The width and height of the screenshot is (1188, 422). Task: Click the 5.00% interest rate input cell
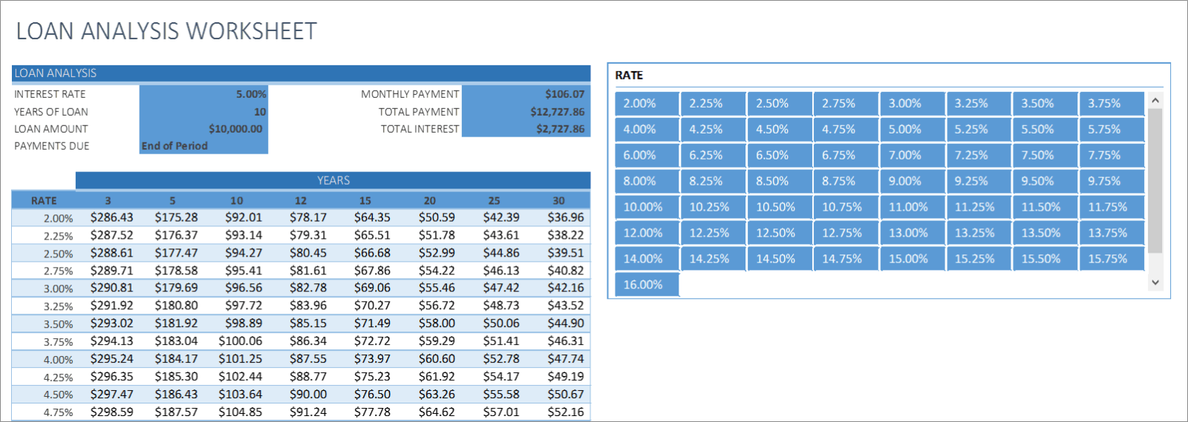[203, 94]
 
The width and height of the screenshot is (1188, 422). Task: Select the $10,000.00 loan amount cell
[203, 129]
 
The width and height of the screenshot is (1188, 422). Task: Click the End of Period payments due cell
[203, 146]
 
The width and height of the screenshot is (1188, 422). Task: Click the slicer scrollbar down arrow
[1155, 283]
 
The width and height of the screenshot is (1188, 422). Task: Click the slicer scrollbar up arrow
[1155, 100]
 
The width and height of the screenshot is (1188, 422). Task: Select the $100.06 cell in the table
[240, 341]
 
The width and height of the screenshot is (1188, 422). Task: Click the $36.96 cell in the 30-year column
[566, 217]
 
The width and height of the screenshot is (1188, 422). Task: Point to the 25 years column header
[494, 201]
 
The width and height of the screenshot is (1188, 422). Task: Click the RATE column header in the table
[44, 201]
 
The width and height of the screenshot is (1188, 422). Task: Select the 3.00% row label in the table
[58, 289]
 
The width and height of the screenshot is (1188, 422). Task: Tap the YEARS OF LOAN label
[51, 112]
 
